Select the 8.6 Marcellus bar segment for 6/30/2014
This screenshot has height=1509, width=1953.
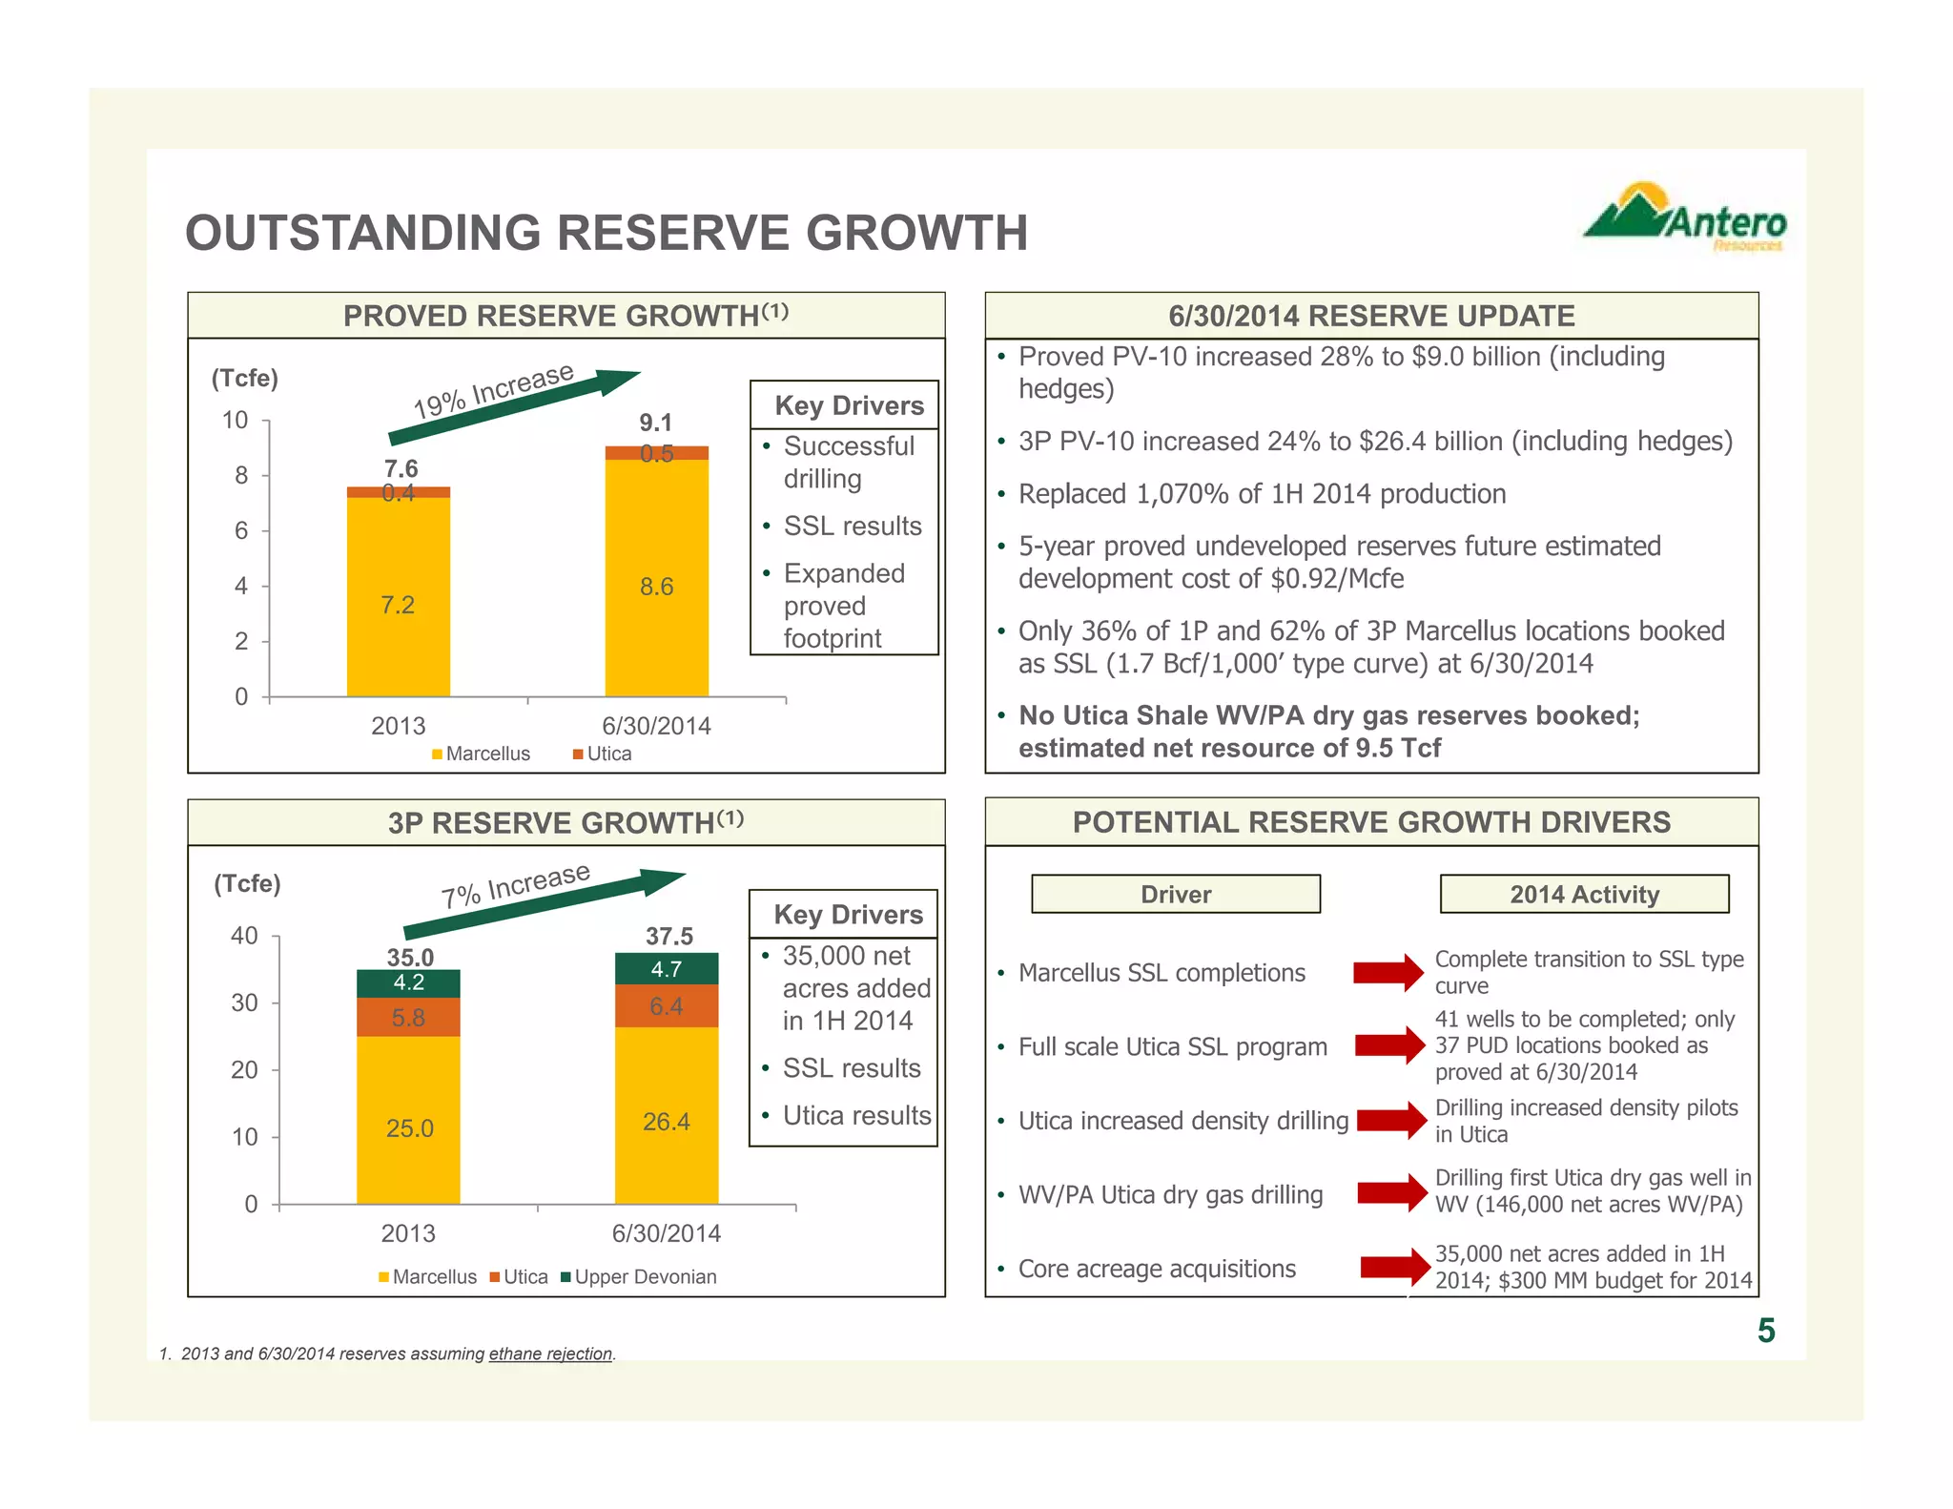(x=656, y=586)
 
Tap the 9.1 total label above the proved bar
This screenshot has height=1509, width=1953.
(x=656, y=423)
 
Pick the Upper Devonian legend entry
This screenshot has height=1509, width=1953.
(x=639, y=1277)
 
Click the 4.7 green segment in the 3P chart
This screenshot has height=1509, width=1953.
(x=666, y=969)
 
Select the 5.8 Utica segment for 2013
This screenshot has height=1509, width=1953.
(x=408, y=1018)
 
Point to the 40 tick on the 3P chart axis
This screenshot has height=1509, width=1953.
(x=244, y=936)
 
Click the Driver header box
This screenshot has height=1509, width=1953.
(x=1175, y=895)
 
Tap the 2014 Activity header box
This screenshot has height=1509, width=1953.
(x=1583, y=895)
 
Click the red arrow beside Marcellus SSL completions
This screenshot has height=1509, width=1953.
(x=1388, y=972)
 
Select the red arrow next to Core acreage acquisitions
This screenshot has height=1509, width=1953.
(x=1394, y=1267)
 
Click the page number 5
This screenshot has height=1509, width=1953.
(x=1765, y=1331)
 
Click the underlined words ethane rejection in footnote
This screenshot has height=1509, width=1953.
(x=550, y=1354)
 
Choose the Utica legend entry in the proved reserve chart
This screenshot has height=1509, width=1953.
(x=602, y=754)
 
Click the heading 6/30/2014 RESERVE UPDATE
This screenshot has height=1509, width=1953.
(x=1371, y=316)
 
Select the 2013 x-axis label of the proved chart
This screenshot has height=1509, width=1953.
(x=398, y=726)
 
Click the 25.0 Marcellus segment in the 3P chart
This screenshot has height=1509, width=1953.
(x=409, y=1128)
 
